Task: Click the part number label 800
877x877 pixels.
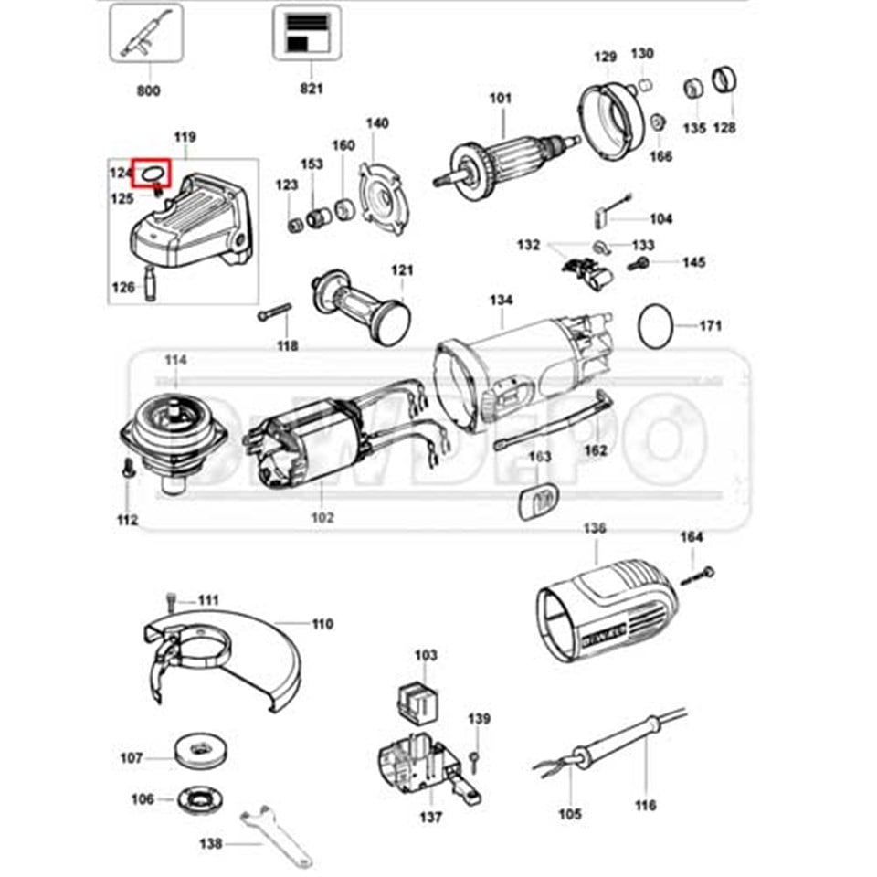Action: (148, 90)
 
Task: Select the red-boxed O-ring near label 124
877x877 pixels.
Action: (151, 171)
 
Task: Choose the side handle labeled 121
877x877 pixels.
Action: (361, 301)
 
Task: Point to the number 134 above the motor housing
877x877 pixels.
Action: (501, 300)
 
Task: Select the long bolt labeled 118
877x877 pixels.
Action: (274, 312)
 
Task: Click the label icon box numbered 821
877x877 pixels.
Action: (307, 33)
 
